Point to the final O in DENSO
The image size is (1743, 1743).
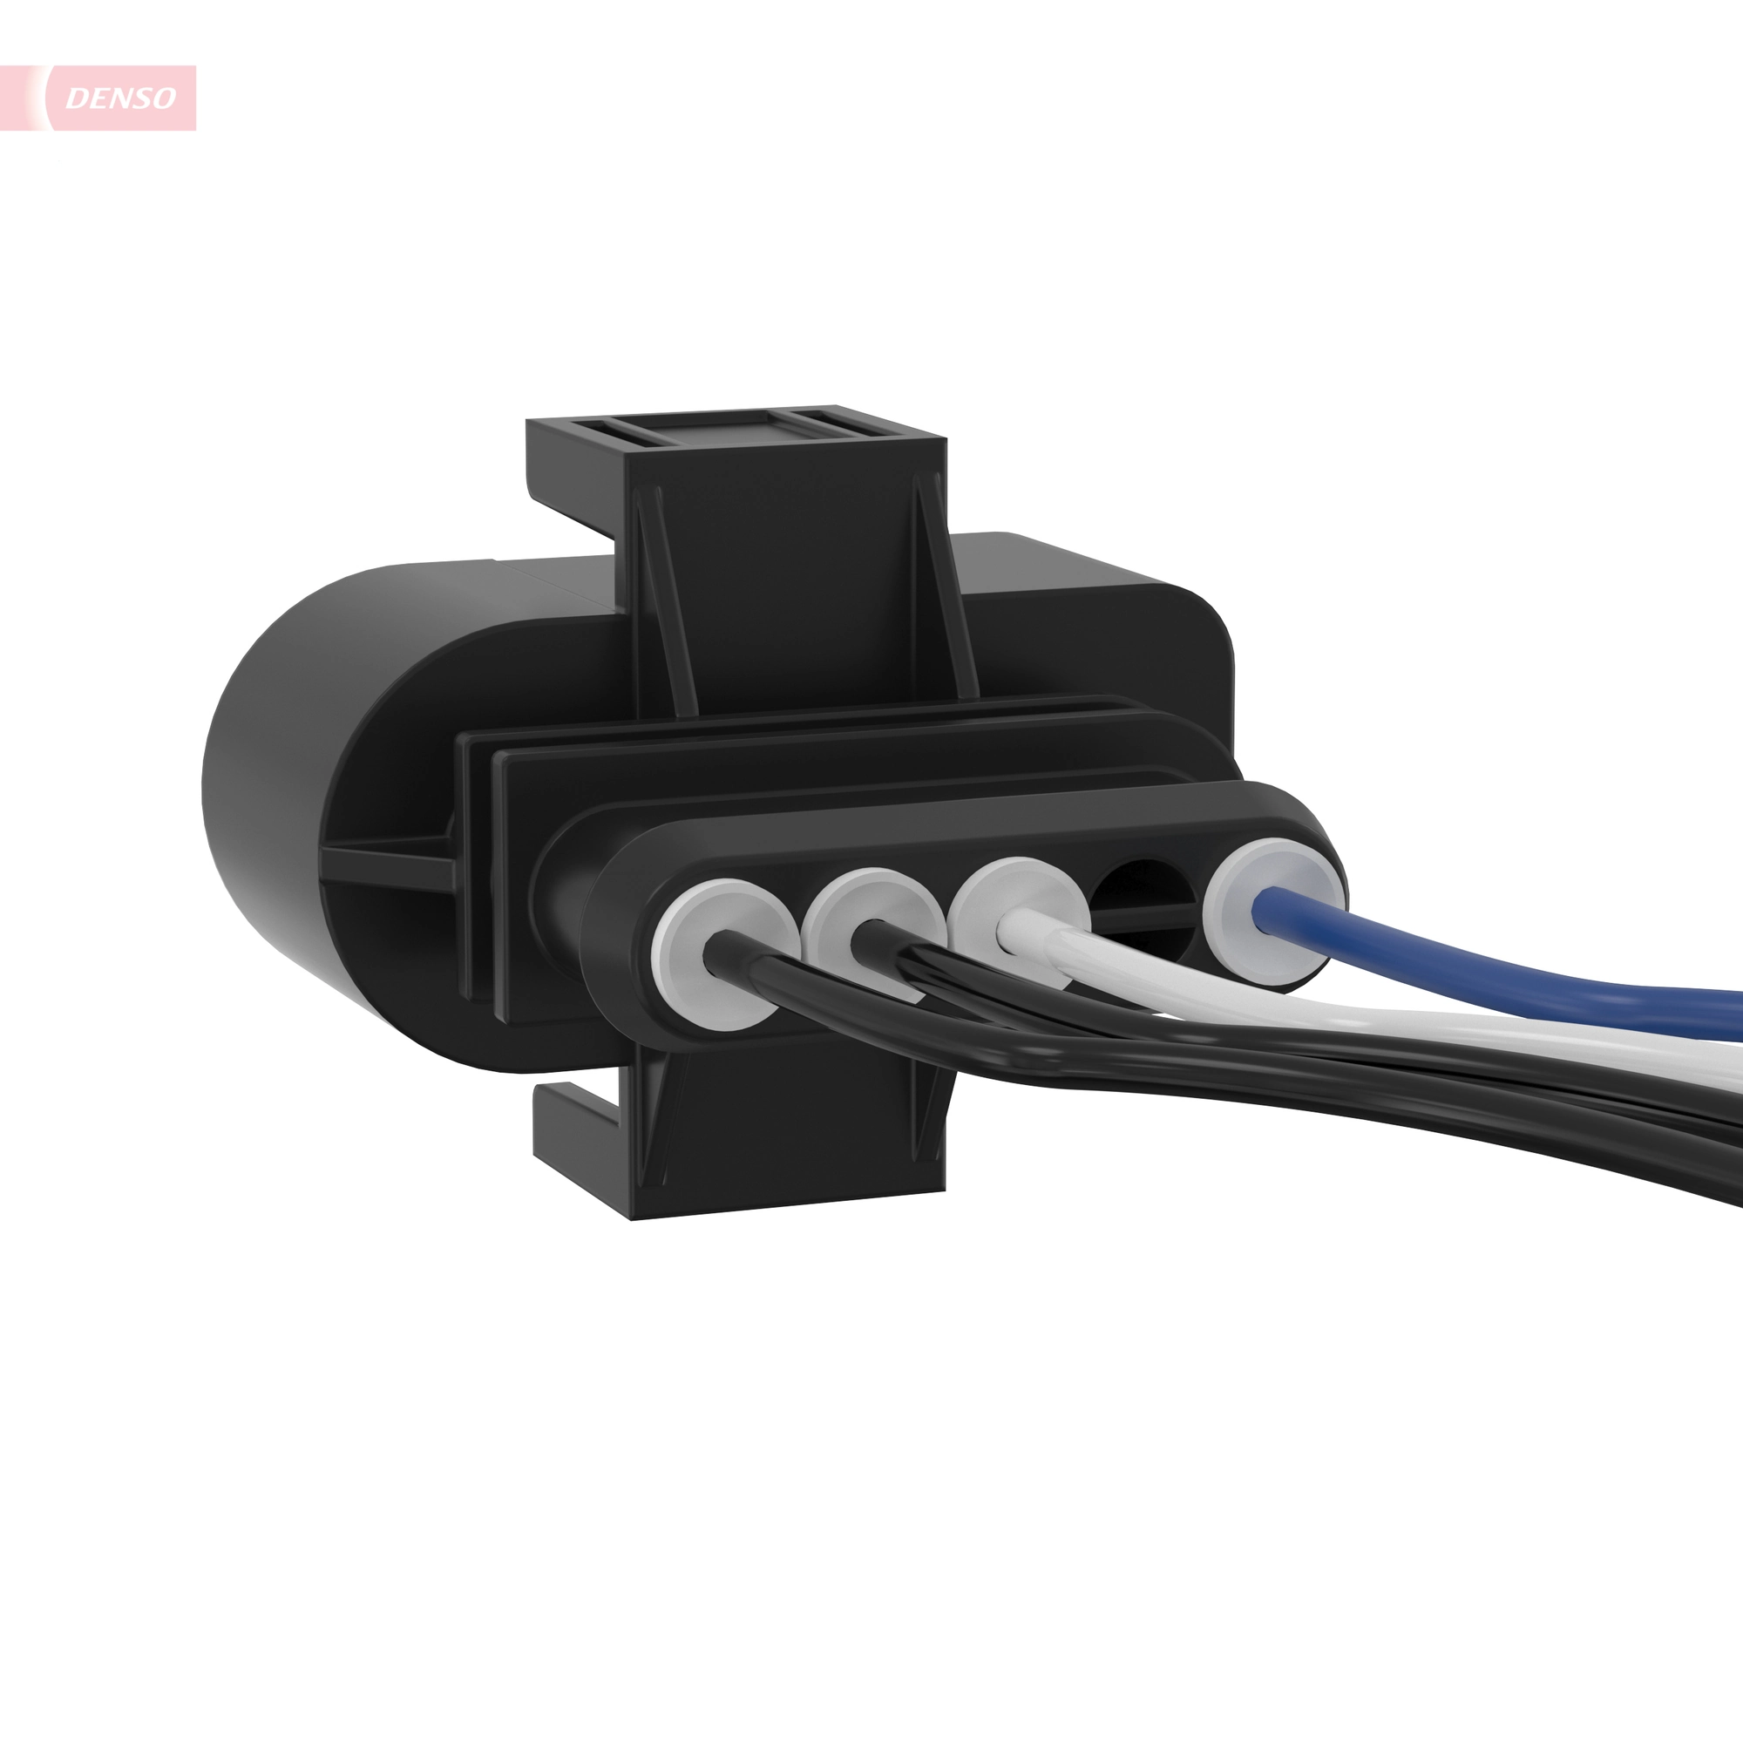(x=163, y=98)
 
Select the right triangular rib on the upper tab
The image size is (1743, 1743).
(x=943, y=587)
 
